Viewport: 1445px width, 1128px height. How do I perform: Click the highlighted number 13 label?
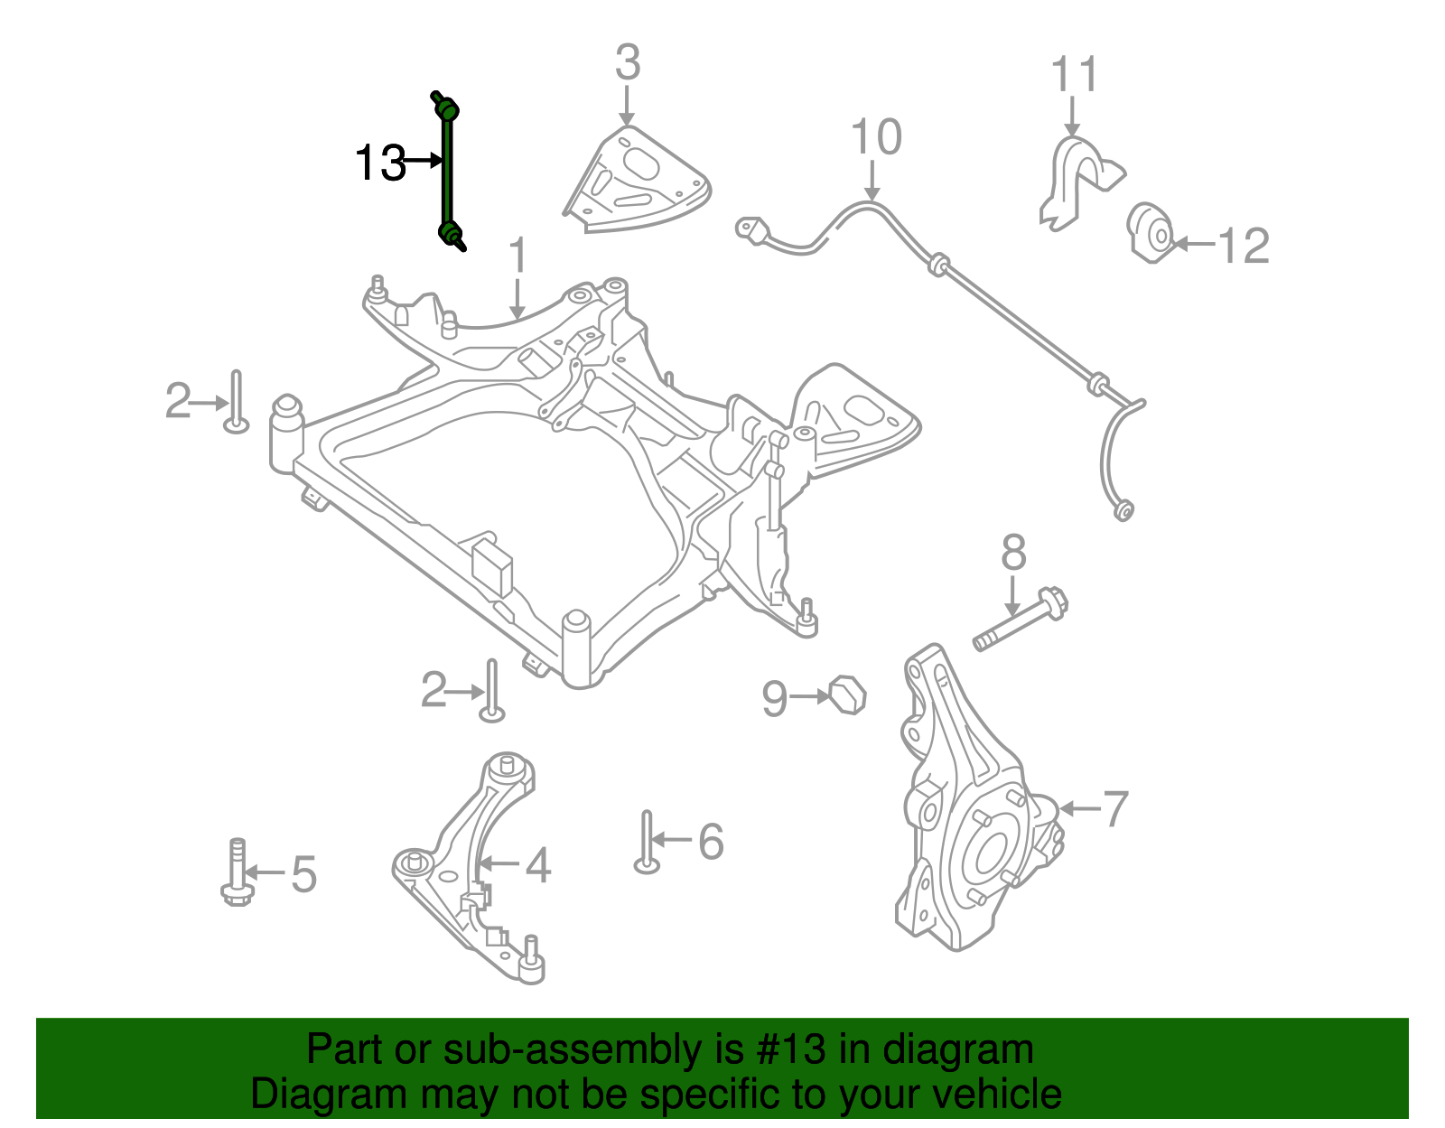pos(380,163)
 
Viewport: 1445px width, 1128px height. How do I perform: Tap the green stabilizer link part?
pos(447,172)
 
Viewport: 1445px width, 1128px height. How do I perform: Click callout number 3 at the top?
pos(627,63)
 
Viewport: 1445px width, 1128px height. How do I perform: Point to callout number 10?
pos(875,138)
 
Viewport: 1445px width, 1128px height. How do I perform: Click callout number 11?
pos(1074,75)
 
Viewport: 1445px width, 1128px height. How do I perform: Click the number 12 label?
pos(1243,246)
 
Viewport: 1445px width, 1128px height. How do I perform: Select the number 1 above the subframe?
pos(517,256)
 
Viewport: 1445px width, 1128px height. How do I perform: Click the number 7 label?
pos(1115,808)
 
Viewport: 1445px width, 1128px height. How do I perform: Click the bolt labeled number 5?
pos(237,872)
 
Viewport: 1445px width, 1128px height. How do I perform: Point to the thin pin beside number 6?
pos(646,841)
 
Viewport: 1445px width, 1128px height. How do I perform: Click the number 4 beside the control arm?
pos(537,866)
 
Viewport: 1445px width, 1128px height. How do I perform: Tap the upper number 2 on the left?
pos(178,401)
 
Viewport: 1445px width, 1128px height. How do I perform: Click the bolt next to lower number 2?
pos(491,690)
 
